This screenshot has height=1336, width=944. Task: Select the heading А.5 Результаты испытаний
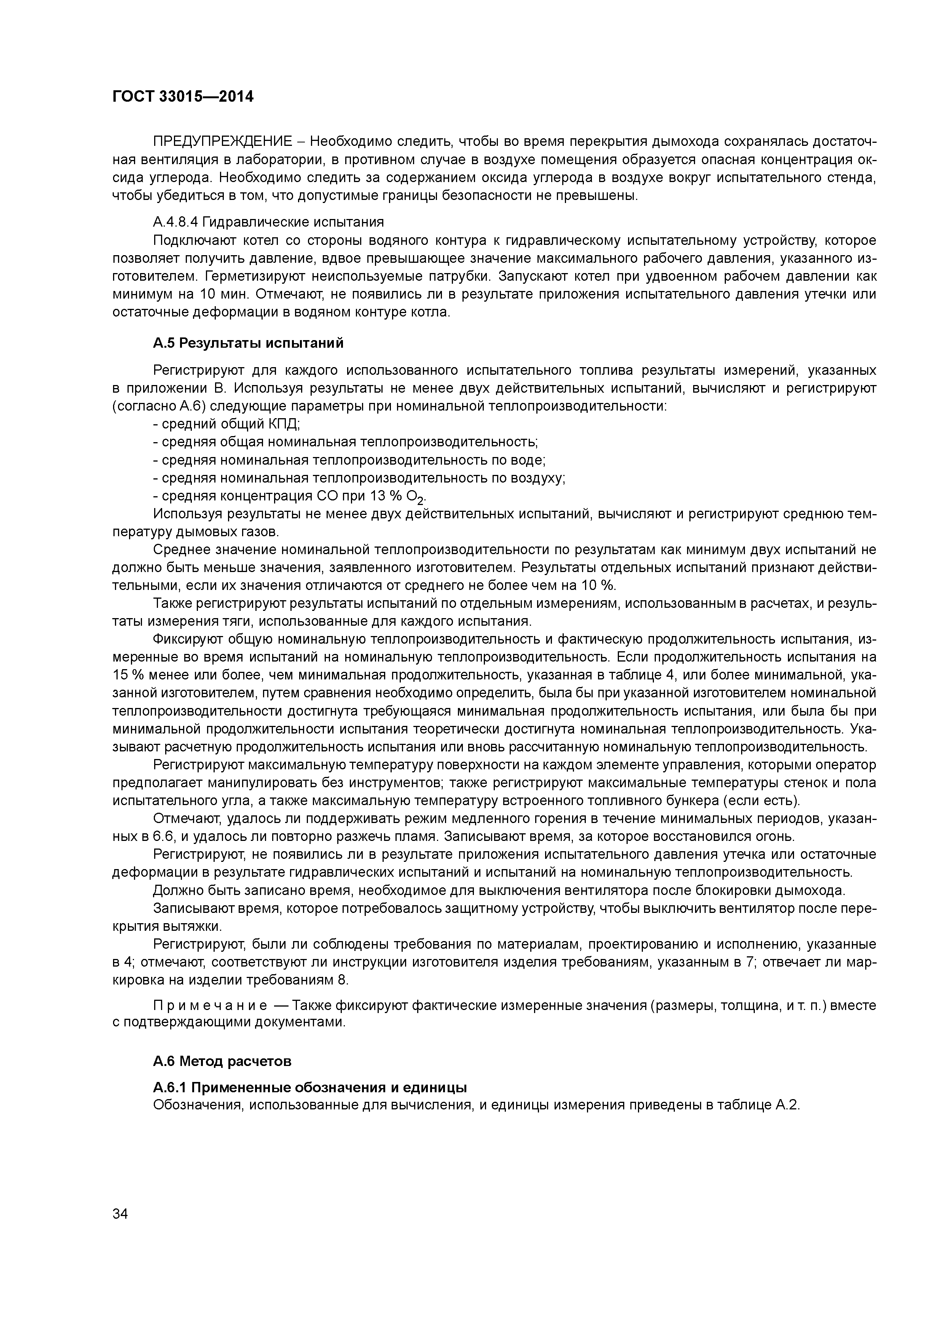[x=248, y=343]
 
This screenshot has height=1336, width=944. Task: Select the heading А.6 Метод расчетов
[x=222, y=1061]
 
